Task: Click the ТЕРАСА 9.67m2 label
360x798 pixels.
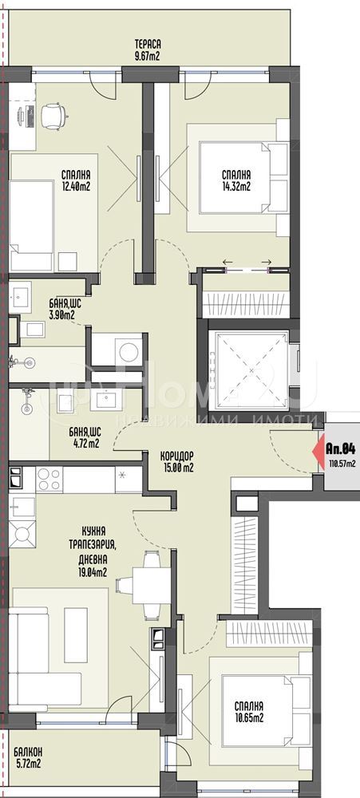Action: pyautogui.click(x=148, y=49)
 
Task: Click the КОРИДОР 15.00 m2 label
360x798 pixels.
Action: pyautogui.click(x=176, y=461)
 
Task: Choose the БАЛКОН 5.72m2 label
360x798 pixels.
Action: pyautogui.click(x=28, y=757)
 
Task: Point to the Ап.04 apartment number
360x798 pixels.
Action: pyautogui.click(x=341, y=449)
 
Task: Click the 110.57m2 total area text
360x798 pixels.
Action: pyautogui.click(x=342, y=463)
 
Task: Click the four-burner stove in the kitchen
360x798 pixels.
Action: pyautogui.click(x=49, y=480)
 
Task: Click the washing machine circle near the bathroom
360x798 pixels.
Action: pyautogui.click(x=128, y=350)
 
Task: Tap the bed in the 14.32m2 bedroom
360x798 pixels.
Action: pyautogui.click(x=239, y=178)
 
